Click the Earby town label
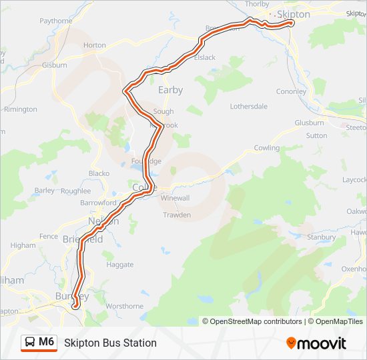coord(170,90)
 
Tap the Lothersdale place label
coord(248,106)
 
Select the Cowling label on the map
coord(266,148)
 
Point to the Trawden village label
coord(177,215)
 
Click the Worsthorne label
coord(124,306)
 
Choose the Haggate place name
coord(120,265)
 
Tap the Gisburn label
coord(55,65)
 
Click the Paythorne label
coord(56,21)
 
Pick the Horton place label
coord(95,45)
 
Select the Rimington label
coord(21,109)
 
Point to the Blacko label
coord(99,173)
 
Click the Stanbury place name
coord(321,237)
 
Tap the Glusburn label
coord(309,123)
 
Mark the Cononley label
coord(291,92)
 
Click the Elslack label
coord(204,57)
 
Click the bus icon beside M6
coord(31,343)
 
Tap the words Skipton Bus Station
coord(110,343)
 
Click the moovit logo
coord(316,343)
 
